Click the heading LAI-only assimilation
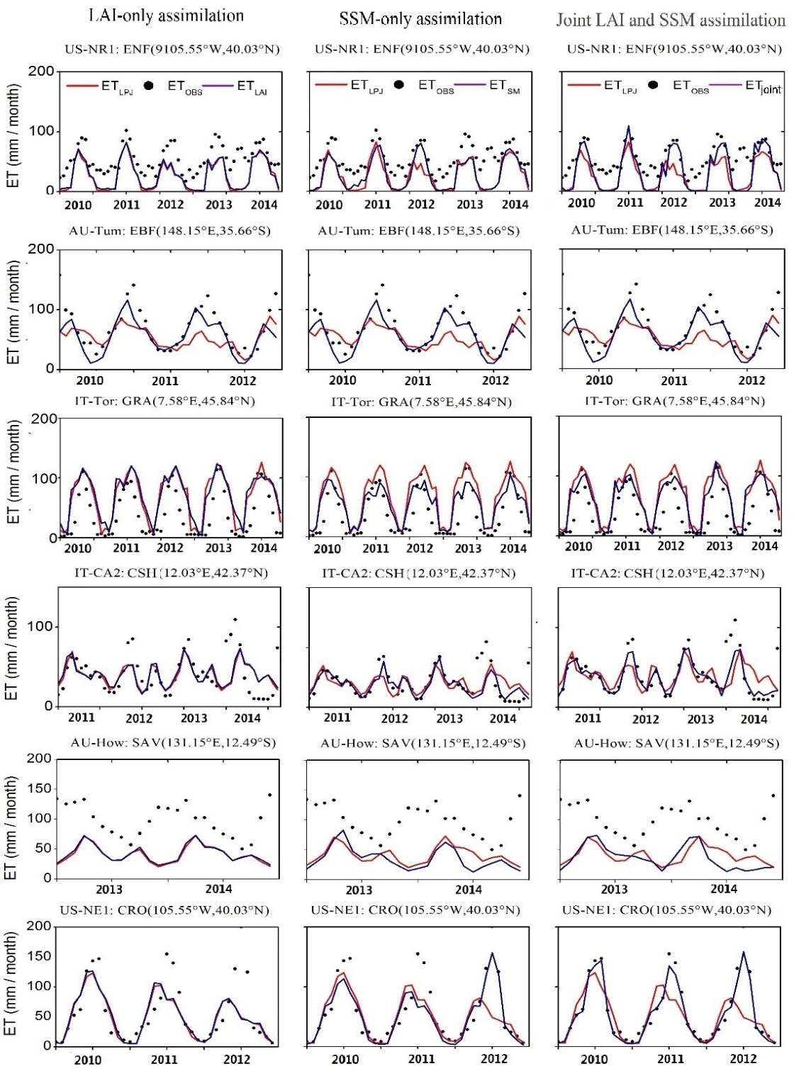pyautogui.click(x=167, y=16)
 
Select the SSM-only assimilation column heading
pyautogui.click(x=420, y=18)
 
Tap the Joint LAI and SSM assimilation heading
pyautogui.click(x=671, y=19)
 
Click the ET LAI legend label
pyautogui.click(x=252, y=87)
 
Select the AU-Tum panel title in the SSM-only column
pyautogui.click(x=418, y=231)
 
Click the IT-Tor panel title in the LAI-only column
pyautogui.click(x=164, y=401)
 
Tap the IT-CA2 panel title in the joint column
pyautogui.click(x=668, y=572)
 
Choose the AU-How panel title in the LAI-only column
pyautogui.click(x=173, y=742)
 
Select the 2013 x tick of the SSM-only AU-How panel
pyautogui.click(x=359, y=890)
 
